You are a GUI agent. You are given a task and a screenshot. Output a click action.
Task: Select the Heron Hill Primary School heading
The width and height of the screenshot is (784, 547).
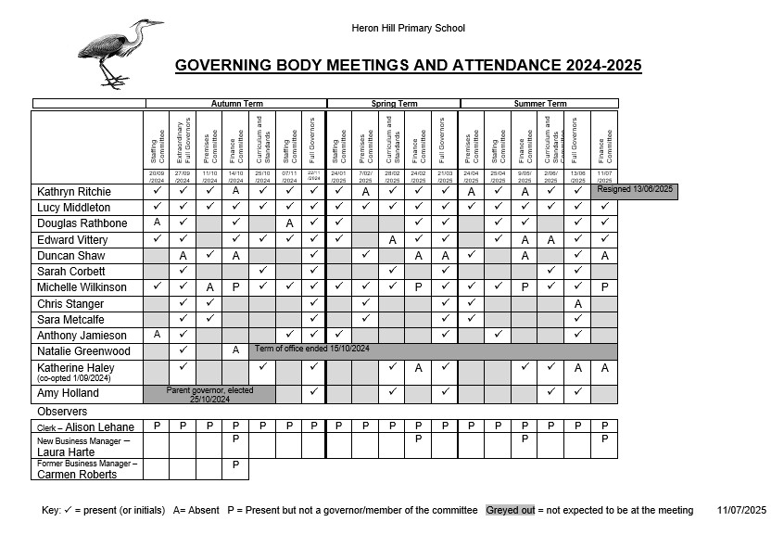pos(408,29)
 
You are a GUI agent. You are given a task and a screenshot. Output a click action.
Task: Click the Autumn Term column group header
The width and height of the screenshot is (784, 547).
pos(236,104)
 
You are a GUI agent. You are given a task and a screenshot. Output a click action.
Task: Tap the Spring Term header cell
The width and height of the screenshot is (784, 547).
pos(394,104)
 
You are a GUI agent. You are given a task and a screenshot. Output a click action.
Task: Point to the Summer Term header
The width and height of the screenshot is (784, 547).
pos(539,104)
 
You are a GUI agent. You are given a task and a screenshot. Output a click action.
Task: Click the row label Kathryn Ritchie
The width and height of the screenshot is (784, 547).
pos(74,192)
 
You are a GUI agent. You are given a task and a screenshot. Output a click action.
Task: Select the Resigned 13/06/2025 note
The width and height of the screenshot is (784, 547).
pos(636,190)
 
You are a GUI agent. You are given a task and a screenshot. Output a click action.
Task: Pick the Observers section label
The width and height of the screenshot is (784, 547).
pos(62,411)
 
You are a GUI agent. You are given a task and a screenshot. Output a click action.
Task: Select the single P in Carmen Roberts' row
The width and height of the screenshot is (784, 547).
pos(236,464)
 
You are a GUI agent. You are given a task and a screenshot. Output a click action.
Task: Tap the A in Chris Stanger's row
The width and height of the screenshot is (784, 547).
pos(577,303)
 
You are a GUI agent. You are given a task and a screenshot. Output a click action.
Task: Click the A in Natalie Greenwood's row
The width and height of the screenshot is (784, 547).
pos(236,350)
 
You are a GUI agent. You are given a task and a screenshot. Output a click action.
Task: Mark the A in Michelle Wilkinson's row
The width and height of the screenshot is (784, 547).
pos(210,287)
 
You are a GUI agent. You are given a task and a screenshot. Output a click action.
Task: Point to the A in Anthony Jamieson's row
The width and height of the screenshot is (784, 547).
pos(157,335)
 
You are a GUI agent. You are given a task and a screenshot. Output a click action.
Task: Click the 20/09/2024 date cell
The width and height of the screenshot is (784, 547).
pos(157,176)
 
